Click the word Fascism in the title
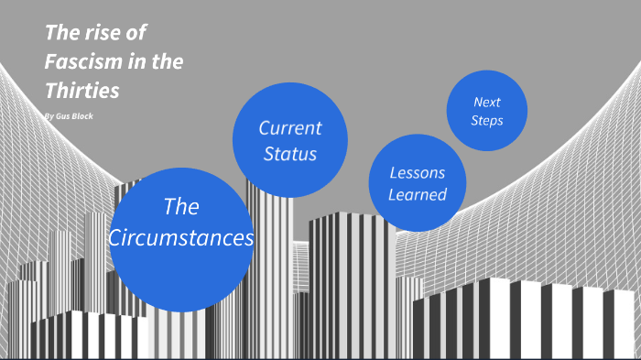(x=79, y=62)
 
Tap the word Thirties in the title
(x=81, y=91)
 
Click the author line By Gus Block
(x=68, y=116)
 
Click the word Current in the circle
(x=289, y=127)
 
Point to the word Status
(x=289, y=153)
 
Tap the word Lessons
(x=417, y=172)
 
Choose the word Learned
(x=417, y=194)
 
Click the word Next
(x=487, y=102)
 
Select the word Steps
(x=487, y=120)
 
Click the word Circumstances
(x=180, y=238)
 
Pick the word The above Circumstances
(x=180, y=206)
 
